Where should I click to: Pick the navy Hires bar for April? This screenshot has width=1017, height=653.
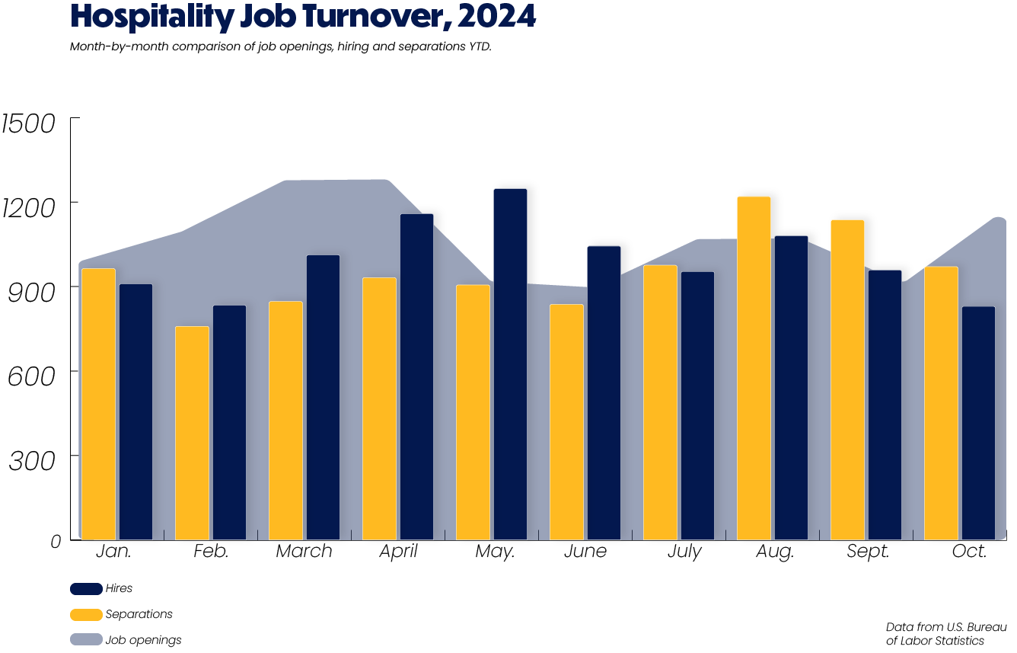click(416, 376)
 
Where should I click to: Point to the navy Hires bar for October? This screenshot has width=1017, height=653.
click(978, 423)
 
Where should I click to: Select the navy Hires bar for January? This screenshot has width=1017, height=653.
click(135, 411)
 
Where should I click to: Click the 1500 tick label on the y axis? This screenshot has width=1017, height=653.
click(28, 123)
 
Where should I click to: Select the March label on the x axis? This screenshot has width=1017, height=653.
click(304, 551)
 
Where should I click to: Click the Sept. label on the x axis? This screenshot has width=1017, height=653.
click(868, 552)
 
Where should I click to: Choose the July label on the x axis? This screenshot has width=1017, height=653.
click(684, 552)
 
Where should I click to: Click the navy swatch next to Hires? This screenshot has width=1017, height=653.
click(86, 588)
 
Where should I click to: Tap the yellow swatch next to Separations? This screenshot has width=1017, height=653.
click(86, 614)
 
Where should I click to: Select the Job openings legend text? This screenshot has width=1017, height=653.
click(143, 640)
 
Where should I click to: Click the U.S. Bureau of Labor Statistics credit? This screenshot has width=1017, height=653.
click(945, 633)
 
